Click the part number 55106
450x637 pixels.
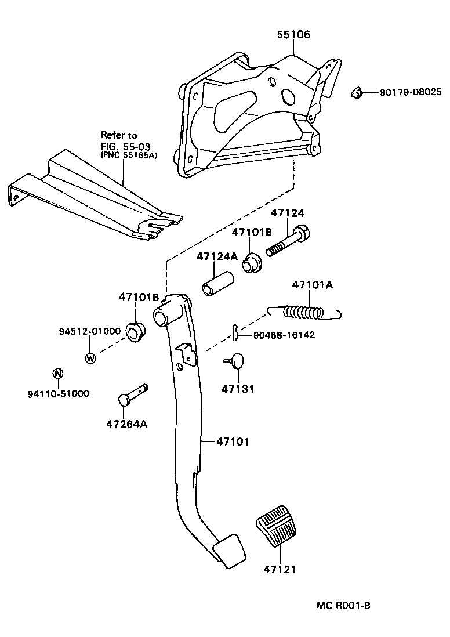click(293, 35)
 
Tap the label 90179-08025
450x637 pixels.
click(411, 92)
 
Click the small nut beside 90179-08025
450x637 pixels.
click(358, 92)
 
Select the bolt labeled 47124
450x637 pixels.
click(288, 241)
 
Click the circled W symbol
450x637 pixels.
click(90, 358)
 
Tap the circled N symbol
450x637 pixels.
click(57, 374)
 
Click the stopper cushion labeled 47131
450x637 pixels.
click(235, 362)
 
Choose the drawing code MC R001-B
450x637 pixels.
click(343, 606)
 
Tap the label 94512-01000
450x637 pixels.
click(89, 331)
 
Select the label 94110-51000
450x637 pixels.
click(58, 393)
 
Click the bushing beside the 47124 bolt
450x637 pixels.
click(252, 262)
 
